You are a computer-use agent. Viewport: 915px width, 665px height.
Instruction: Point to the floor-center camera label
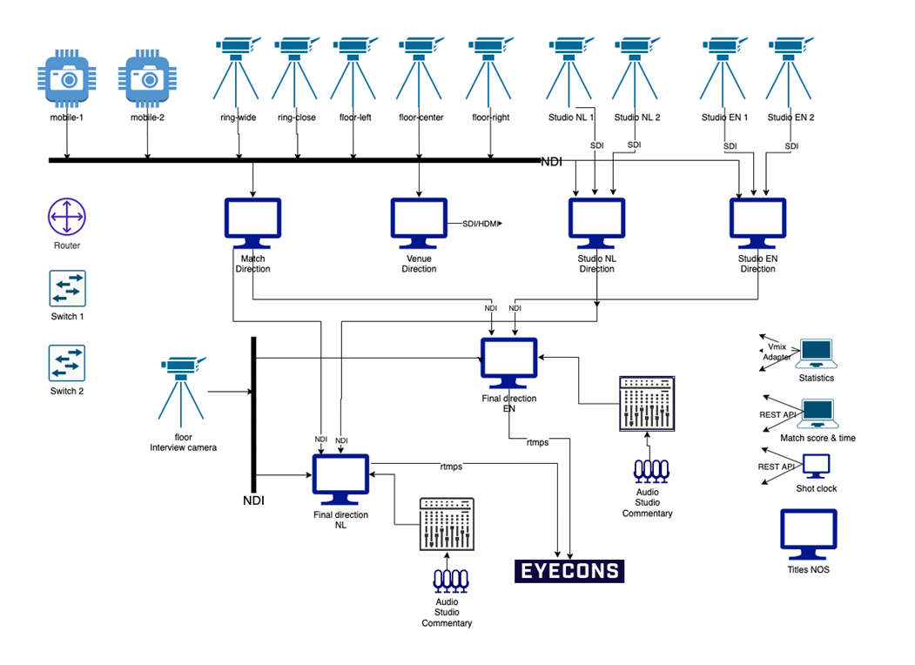(420, 118)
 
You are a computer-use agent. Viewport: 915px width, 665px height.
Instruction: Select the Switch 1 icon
(67, 288)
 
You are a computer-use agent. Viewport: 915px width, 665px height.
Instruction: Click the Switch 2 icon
(67, 363)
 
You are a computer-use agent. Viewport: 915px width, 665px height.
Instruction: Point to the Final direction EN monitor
(509, 364)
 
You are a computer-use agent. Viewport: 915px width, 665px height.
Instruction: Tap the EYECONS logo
(569, 571)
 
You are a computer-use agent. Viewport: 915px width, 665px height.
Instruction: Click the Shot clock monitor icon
(816, 466)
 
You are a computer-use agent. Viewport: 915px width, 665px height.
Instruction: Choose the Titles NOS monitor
(808, 534)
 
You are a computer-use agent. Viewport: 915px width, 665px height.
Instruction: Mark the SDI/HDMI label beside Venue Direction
(474, 224)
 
